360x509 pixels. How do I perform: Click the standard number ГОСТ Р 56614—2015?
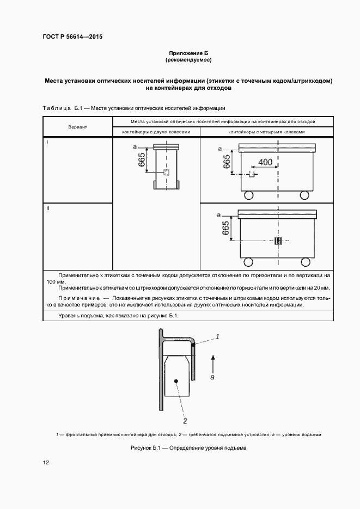coord(73,37)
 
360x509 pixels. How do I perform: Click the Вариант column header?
coord(78,127)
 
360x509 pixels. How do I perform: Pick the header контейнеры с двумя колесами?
coord(156,132)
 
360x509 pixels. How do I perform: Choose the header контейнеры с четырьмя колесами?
coord(266,132)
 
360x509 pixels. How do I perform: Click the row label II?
coord(48,209)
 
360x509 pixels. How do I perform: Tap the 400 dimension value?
coord(265,162)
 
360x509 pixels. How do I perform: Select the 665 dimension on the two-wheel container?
coord(142,159)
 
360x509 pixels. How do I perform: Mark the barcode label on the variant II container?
coord(278,241)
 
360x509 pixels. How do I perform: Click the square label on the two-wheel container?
coord(167,173)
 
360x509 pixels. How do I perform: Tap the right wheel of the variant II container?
coord(308,262)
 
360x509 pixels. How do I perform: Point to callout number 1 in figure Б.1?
coord(217,337)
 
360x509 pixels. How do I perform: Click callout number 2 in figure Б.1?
coord(185,421)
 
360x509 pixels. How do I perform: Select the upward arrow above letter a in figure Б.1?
coord(212,359)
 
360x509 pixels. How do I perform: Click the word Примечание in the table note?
coord(78,299)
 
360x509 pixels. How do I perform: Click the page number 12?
coord(46,463)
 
